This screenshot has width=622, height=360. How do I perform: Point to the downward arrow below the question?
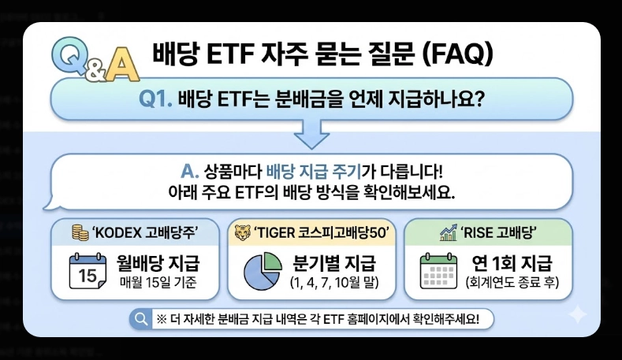click(x=311, y=135)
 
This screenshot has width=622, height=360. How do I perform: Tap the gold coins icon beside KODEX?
click(x=80, y=232)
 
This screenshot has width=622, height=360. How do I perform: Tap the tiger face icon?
click(x=240, y=232)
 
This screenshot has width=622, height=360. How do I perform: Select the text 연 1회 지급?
click(x=512, y=262)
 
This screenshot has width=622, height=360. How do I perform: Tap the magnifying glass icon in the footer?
click(x=142, y=319)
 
